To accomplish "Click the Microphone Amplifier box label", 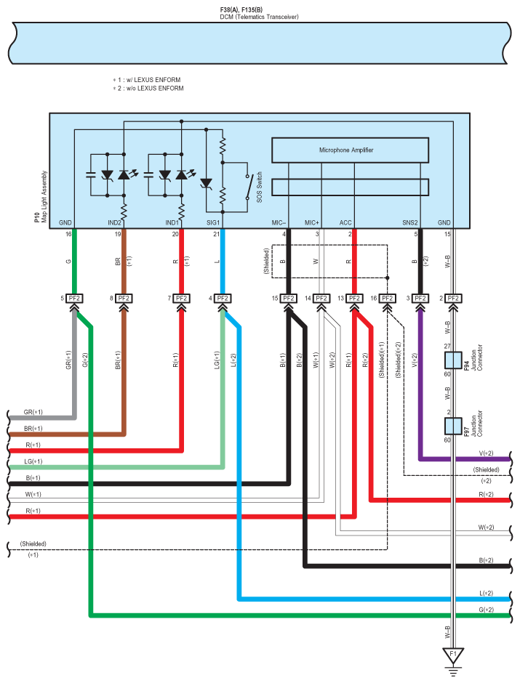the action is tap(346, 150).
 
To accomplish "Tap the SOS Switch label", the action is tap(260, 187).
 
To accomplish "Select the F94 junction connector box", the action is tap(453, 360).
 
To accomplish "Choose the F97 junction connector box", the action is tap(453, 426).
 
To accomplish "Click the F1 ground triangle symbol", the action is tap(453, 654).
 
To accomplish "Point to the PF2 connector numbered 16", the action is tap(387, 299).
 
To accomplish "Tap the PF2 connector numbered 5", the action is tap(74, 299).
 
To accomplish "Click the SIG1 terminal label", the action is tap(212, 222).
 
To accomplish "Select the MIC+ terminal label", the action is tap(312, 222).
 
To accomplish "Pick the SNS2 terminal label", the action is tap(409, 222).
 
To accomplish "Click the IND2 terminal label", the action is tap(114, 222).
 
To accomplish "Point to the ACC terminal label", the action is tap(345, 222).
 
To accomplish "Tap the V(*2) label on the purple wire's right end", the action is tap(486, 453).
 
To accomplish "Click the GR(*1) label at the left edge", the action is tap(33, 412).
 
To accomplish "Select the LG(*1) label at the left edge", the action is tap(33, 461).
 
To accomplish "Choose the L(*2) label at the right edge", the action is tap(486, 594).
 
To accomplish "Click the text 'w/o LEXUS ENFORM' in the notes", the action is tap(155, 88).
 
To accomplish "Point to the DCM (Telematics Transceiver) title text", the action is tap(259, 17).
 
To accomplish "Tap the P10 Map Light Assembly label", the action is tap(41, 197).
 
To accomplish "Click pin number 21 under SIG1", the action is tap(216, 234).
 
